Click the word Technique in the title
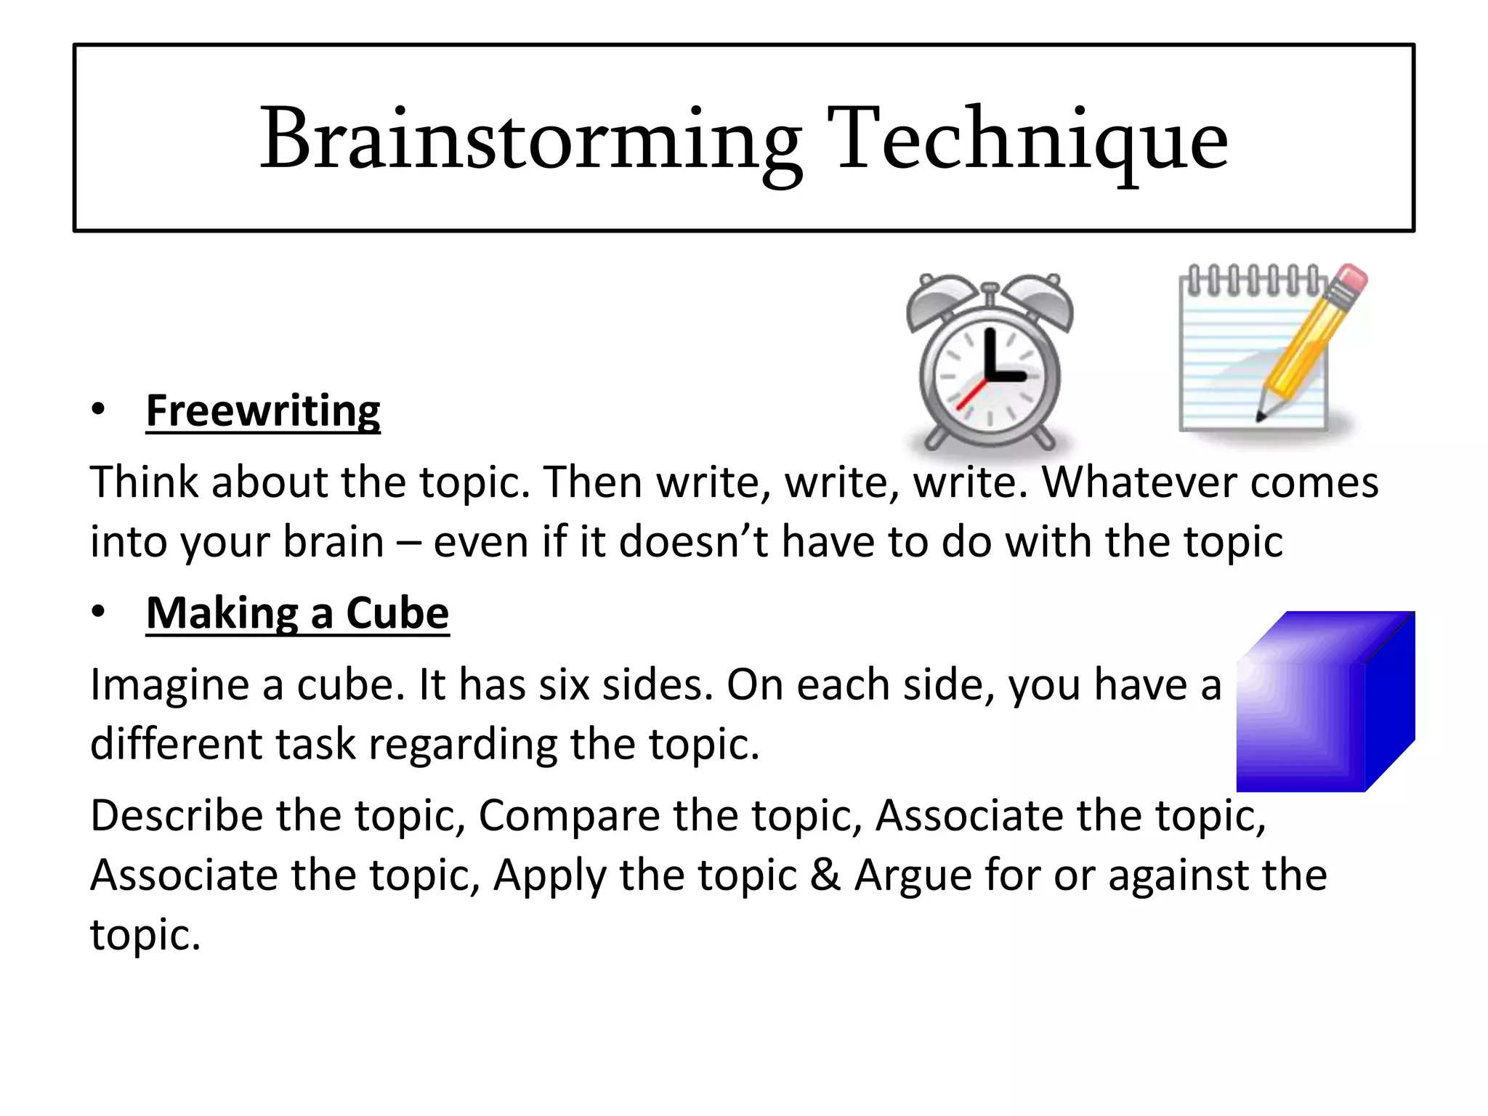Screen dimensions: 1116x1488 point(1032,139)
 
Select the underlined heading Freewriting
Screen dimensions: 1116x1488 point(263,411)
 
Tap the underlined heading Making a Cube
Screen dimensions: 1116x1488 point(297,613)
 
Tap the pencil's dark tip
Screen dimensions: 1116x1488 point(1261,416)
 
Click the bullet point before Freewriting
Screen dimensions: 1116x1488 point(98,410)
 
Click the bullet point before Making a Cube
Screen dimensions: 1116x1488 point(98,612)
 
